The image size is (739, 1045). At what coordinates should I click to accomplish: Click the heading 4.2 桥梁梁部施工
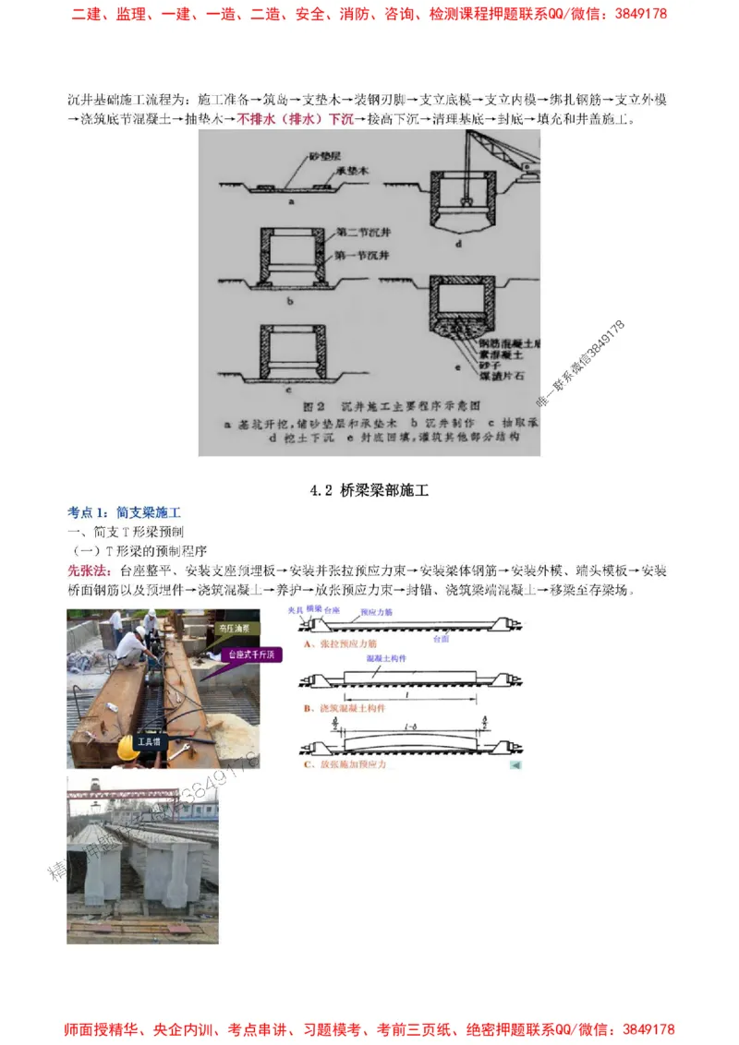coord(369,491)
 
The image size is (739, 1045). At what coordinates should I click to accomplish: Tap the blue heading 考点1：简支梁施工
coord(124,512)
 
